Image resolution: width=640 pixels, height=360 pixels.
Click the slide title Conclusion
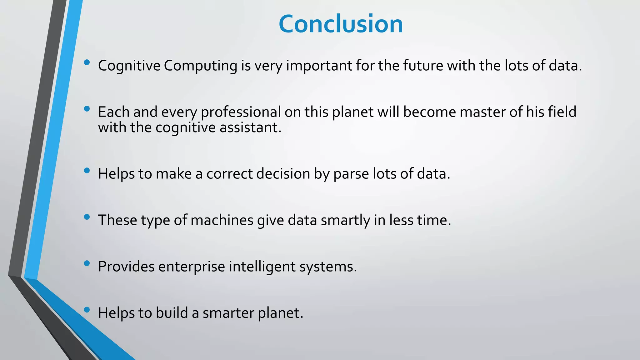tap(341, 24)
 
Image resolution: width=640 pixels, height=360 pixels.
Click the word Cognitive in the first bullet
tap(129, 66)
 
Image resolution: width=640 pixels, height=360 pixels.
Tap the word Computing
tap(200, 66)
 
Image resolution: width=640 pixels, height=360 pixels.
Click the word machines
tap(222, 220)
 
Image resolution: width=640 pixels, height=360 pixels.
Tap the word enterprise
tap(192, 267)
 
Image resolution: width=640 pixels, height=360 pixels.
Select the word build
tap(172, 313)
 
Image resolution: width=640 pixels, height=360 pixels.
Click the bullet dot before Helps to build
tap(87, 310)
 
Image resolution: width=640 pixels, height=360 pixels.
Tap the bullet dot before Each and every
tap(87, 109)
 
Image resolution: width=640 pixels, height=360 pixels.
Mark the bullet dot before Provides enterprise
tap(87, 263)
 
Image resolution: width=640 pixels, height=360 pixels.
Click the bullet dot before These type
tap(87, 217)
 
